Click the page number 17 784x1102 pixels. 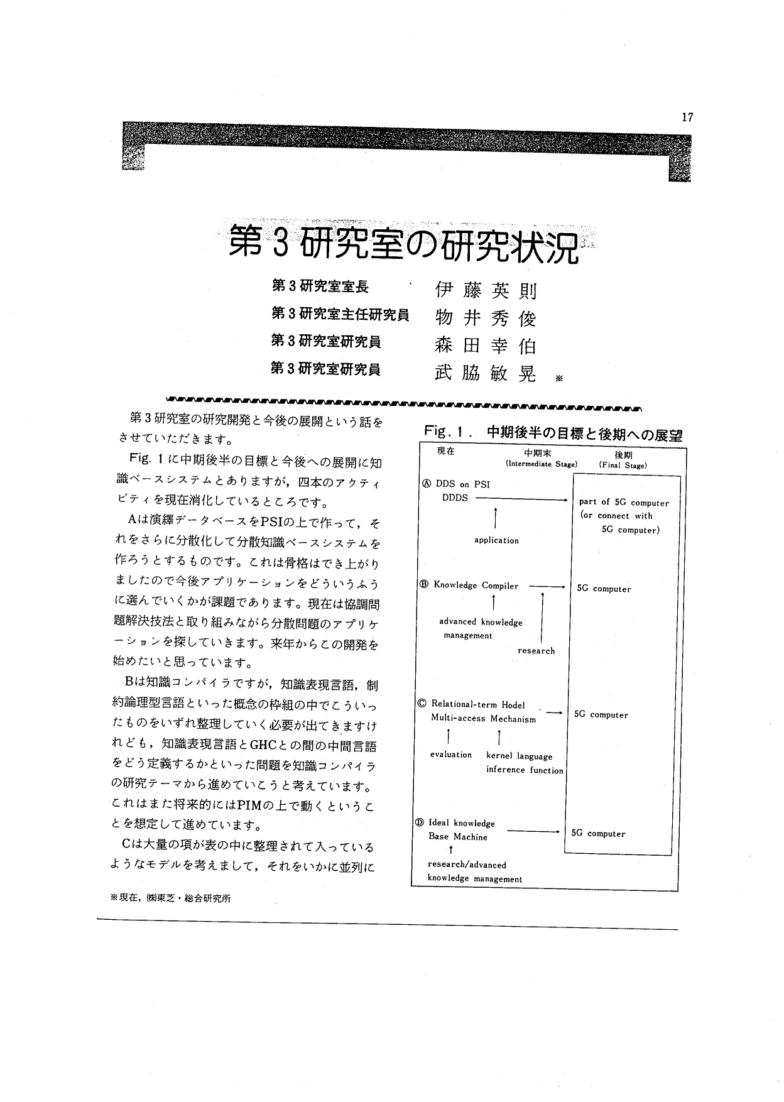click(x=687, y=117)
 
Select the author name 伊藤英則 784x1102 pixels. click(x=486, y=291)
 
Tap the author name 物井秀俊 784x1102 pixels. click(x=486, y=319)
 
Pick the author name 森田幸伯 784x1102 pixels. click(x=486, y=346)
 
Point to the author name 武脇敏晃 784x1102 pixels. click(x=486, y=374)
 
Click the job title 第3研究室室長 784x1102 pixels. click(x=320, y=287)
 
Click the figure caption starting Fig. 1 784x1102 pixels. click(x=553, y=434)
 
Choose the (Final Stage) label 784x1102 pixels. click(x=623, y=466)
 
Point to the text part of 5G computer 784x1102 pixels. click(x=623, y=503)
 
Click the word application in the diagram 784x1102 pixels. click(x=496, y=540)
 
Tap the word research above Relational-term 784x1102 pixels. click(x=536, y=651)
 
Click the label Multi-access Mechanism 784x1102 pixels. click(x=483, y=719)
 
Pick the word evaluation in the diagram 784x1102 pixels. click(x=450, y=755)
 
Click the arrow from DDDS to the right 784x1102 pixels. click(x=521, y=499)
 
